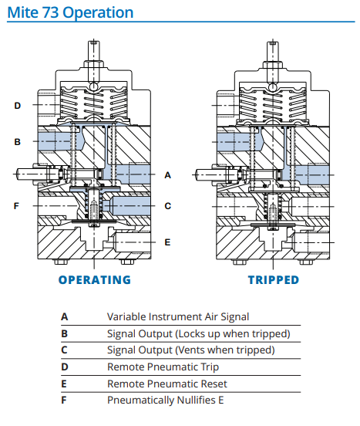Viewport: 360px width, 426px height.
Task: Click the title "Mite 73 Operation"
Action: coord(70,12)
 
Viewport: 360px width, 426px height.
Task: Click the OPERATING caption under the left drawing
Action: coord(95,280)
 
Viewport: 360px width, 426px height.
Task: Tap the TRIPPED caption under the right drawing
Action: coord(274,280)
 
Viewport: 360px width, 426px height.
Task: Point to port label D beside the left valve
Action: coord(18,106)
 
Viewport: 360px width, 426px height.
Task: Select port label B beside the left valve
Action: coord(18,142)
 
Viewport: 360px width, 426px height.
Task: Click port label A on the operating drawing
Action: coord(167,175)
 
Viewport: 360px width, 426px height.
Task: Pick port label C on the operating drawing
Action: coord(167,206)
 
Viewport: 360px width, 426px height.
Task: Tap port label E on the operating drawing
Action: coord(167,242)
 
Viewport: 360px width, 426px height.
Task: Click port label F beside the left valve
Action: coord(16,206)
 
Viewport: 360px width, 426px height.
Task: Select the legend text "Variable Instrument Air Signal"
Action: coord(178,316)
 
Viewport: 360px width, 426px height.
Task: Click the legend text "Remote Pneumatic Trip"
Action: coord(163,367)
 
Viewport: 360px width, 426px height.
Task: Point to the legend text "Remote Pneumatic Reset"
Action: coord(167,384)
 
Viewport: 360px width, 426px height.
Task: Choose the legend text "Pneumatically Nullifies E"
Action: coord(166,401)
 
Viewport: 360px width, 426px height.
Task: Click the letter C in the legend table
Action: coord(64,350)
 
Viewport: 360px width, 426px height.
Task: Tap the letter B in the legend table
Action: coord(64,333)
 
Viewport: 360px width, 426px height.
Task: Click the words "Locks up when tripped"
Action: coord(233,334)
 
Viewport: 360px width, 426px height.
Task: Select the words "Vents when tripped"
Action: coord(225,350)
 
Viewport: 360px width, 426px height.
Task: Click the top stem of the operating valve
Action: coord(94,51)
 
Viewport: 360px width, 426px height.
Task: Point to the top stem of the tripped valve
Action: coord(273,51)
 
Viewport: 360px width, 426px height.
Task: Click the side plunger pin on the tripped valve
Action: coord(205,174)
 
